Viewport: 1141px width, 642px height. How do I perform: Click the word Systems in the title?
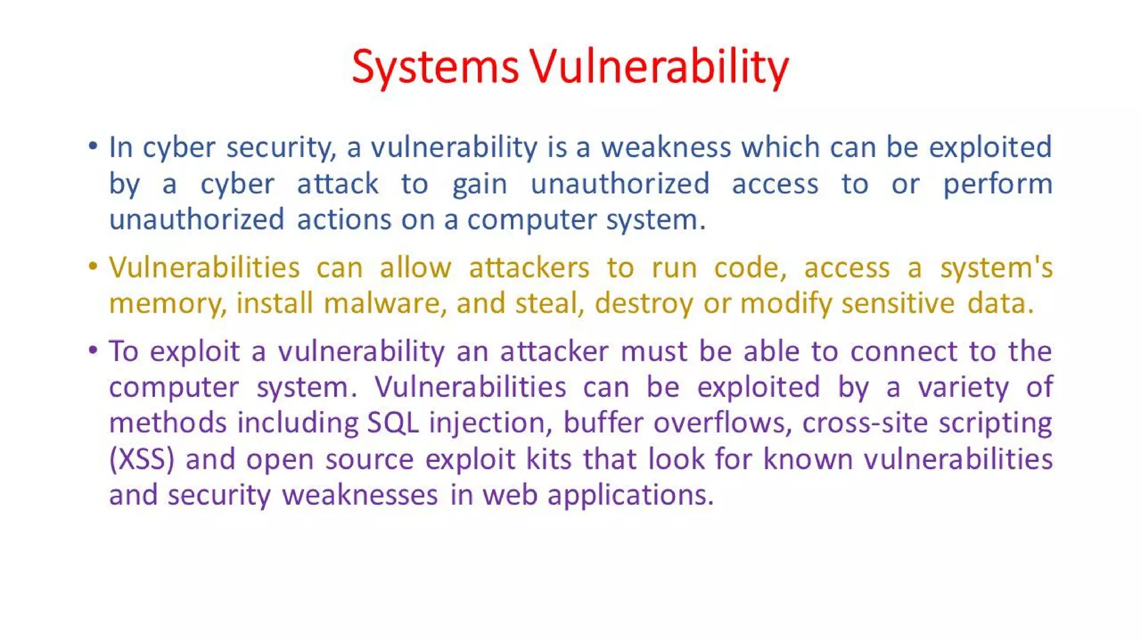pos(435,67)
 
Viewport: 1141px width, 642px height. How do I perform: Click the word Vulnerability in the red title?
pos(659,67)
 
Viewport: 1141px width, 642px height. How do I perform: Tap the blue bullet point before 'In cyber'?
pos(93,147)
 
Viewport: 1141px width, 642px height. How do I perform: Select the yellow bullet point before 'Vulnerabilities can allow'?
pos(93,266)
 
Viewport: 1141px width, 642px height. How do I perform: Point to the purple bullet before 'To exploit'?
pos(93,350)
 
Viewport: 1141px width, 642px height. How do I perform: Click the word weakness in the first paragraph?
pos(666,148)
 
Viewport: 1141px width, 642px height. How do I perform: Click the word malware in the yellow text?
pos(384,304)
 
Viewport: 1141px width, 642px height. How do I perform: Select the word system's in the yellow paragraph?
pos(996,268)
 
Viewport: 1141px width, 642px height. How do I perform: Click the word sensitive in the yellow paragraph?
pos(898,304)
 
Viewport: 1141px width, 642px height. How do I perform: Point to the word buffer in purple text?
pos(603,422)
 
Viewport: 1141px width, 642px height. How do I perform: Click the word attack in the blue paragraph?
pos(338,184)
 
